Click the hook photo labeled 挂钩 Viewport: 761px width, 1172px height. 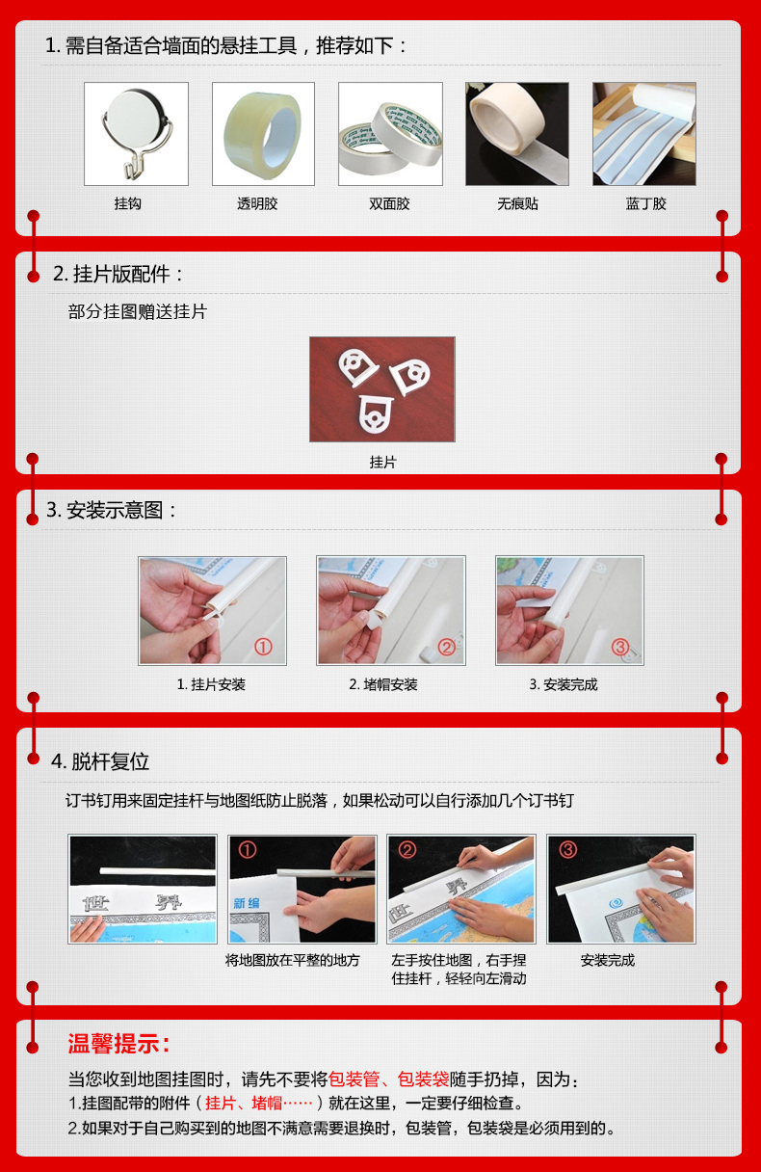coord(136,134)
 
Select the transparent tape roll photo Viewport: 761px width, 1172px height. coord(263,134)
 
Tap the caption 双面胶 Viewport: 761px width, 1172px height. coord(389,204)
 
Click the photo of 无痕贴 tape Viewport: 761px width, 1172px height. coord(516,134)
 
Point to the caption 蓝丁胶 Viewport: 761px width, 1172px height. coord(645,204)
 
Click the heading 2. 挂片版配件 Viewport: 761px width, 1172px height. coord(118,275)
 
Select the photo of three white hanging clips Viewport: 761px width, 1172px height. coord(381,389)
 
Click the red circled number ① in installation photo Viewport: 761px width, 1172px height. coord(263,647)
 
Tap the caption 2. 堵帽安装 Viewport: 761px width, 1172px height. coord(383,684)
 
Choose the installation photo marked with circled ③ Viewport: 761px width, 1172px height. coord(569,610)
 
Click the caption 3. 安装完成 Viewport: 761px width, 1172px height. coord(564,684)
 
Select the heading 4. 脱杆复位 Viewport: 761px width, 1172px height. coord(100,761)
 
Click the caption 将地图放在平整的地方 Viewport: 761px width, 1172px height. coord(293,960)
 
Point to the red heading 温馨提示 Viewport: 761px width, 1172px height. coord(119,1044)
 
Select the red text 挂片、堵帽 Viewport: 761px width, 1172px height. coord(259,1104)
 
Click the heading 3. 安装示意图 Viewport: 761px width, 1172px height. coord(113,511)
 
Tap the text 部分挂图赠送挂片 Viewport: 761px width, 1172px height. coord(138,312)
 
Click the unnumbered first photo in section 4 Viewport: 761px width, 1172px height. coord(143,889)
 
